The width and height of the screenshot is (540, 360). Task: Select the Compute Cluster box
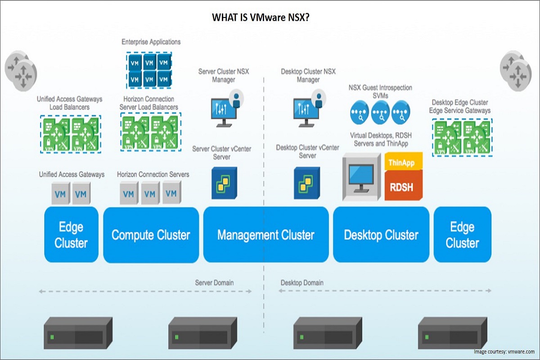pyautogui.click(x=151, y=234)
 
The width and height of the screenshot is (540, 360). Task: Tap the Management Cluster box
pyautogui.click(x=266, y=234)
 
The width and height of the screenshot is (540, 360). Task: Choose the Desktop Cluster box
pyautogui.click(x=381, y=234)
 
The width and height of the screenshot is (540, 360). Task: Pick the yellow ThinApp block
pyautogui.click(x=404, y=162)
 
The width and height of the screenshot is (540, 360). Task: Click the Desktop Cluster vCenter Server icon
pyautogui.click(x=307, y=183)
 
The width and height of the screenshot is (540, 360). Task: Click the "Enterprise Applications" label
pyautogui.click(x=151, y=42)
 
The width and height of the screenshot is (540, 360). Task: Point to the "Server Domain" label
pyautogui.click(x=214, y=283)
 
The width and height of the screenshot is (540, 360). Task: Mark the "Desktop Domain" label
pyautogui.click(x=302, y=283)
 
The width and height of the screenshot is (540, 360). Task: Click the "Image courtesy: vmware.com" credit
pyautogui.click(x=504, y=351)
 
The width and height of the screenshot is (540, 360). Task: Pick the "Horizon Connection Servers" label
pyautogui.click(x=153, y=174)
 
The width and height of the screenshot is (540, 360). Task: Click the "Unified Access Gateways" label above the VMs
pyautogui.click(x=72, y=174)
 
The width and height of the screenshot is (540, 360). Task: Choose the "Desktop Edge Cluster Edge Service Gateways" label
pyautogui.click(x=461, y=106)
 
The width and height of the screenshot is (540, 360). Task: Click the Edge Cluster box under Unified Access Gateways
pyautogui.click(x=71, y=234)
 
